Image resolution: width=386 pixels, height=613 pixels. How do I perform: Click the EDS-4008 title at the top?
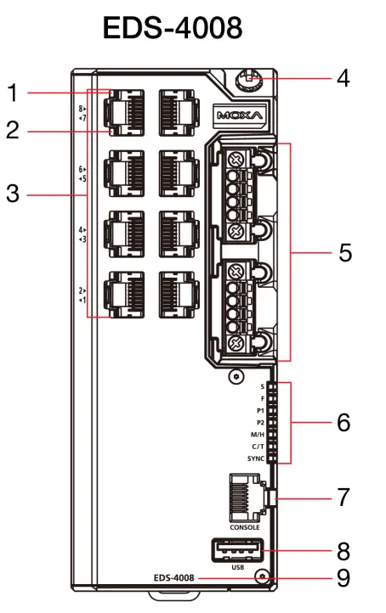(173, 27)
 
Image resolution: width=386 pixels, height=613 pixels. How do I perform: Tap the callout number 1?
(12, 90)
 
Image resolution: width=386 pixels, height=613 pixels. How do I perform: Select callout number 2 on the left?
(12, 131)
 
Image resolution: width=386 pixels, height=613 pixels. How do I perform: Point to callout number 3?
(12, 194)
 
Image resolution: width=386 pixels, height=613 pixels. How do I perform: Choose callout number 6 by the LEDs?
(343, 422)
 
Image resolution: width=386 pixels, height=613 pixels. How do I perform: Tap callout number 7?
(343, 498)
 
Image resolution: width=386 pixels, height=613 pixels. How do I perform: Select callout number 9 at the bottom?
(343, 578)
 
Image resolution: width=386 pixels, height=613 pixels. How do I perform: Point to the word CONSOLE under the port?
(244, 527)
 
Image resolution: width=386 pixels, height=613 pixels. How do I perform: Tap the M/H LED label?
(257, 434)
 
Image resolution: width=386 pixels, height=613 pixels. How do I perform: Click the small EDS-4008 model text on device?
(174, 578)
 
